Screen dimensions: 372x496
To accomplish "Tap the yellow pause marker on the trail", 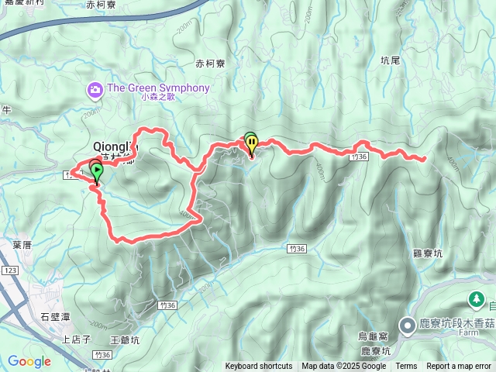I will tap(252, 144).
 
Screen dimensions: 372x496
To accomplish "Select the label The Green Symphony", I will tap(158, 88).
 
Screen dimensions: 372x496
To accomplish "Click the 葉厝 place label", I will tap(22, 244).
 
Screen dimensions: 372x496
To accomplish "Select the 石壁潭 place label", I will tap(54, 315).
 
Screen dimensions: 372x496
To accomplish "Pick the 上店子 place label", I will tap(77, 339).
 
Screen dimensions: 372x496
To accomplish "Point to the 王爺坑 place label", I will tap(125, 339).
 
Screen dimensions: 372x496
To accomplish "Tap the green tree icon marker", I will tap(475, 298).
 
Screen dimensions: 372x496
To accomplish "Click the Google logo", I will tap(29, 361).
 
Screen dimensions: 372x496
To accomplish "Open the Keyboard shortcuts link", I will tap(258, 366).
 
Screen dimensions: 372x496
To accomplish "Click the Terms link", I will tap(406, 366).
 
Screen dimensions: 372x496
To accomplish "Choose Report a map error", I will tap(460, 366).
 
